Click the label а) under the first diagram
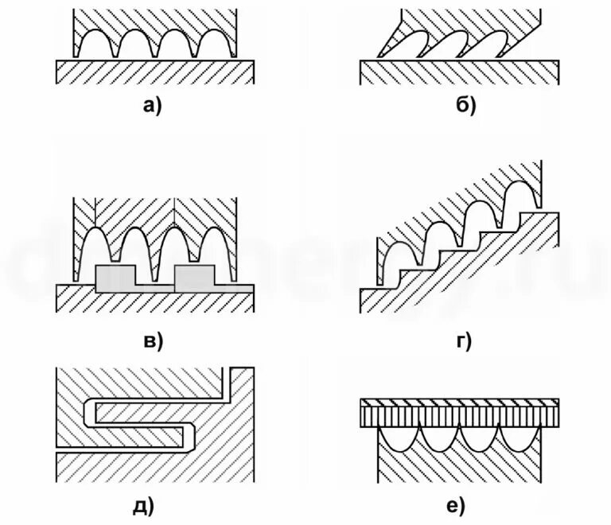tap(151, 104)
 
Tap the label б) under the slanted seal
tap(465, 104)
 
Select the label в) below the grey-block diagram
tap(151, 341)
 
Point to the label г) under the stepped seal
tap(463, 341)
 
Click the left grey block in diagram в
tap(115, 278)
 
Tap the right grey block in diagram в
tap(194, 278)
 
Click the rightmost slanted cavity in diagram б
tap(487, 45)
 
